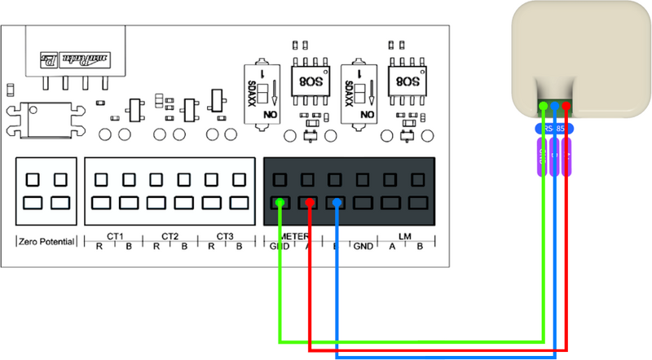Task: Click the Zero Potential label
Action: pos(46,241)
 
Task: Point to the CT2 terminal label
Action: pos(170,237)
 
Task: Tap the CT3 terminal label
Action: pos(226,237)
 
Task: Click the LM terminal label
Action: pos(404,235)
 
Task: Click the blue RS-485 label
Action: pos(555,128)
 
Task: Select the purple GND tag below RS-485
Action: pos(543,156)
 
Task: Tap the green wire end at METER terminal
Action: pos(280,201)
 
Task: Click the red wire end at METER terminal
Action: pos(310,201)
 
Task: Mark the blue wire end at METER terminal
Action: pos(337,201)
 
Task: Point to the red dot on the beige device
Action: pos(566,105)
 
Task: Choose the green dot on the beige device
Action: pos(544,105)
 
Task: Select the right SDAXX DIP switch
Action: pos(360,90)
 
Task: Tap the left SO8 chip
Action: pos(310,81)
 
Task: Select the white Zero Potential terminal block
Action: pos(46,191)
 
